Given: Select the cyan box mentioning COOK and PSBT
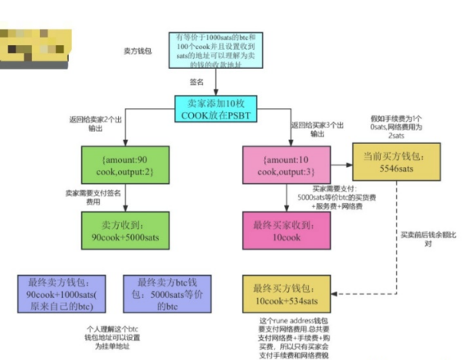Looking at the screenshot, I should coord(217,110).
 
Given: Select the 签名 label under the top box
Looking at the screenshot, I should coord(196,83).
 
